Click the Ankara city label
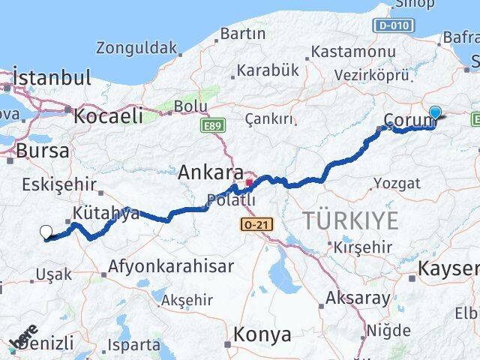pos(210,172)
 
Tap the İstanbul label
pos(52,77)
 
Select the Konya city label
pos(262,335)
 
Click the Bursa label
pos(42,151)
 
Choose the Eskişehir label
pos(59,184)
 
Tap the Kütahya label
pos(106,213)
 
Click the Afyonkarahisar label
pos(171,265)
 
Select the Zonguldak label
pos(136,48)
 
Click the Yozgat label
pos(397,183)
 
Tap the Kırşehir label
pos(363,247)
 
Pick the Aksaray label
pos(357,298)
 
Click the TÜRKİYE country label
pos(349,220)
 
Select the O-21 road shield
pos(257,224)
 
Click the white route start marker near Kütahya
pos(46,232)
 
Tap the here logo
pos(24,335)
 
